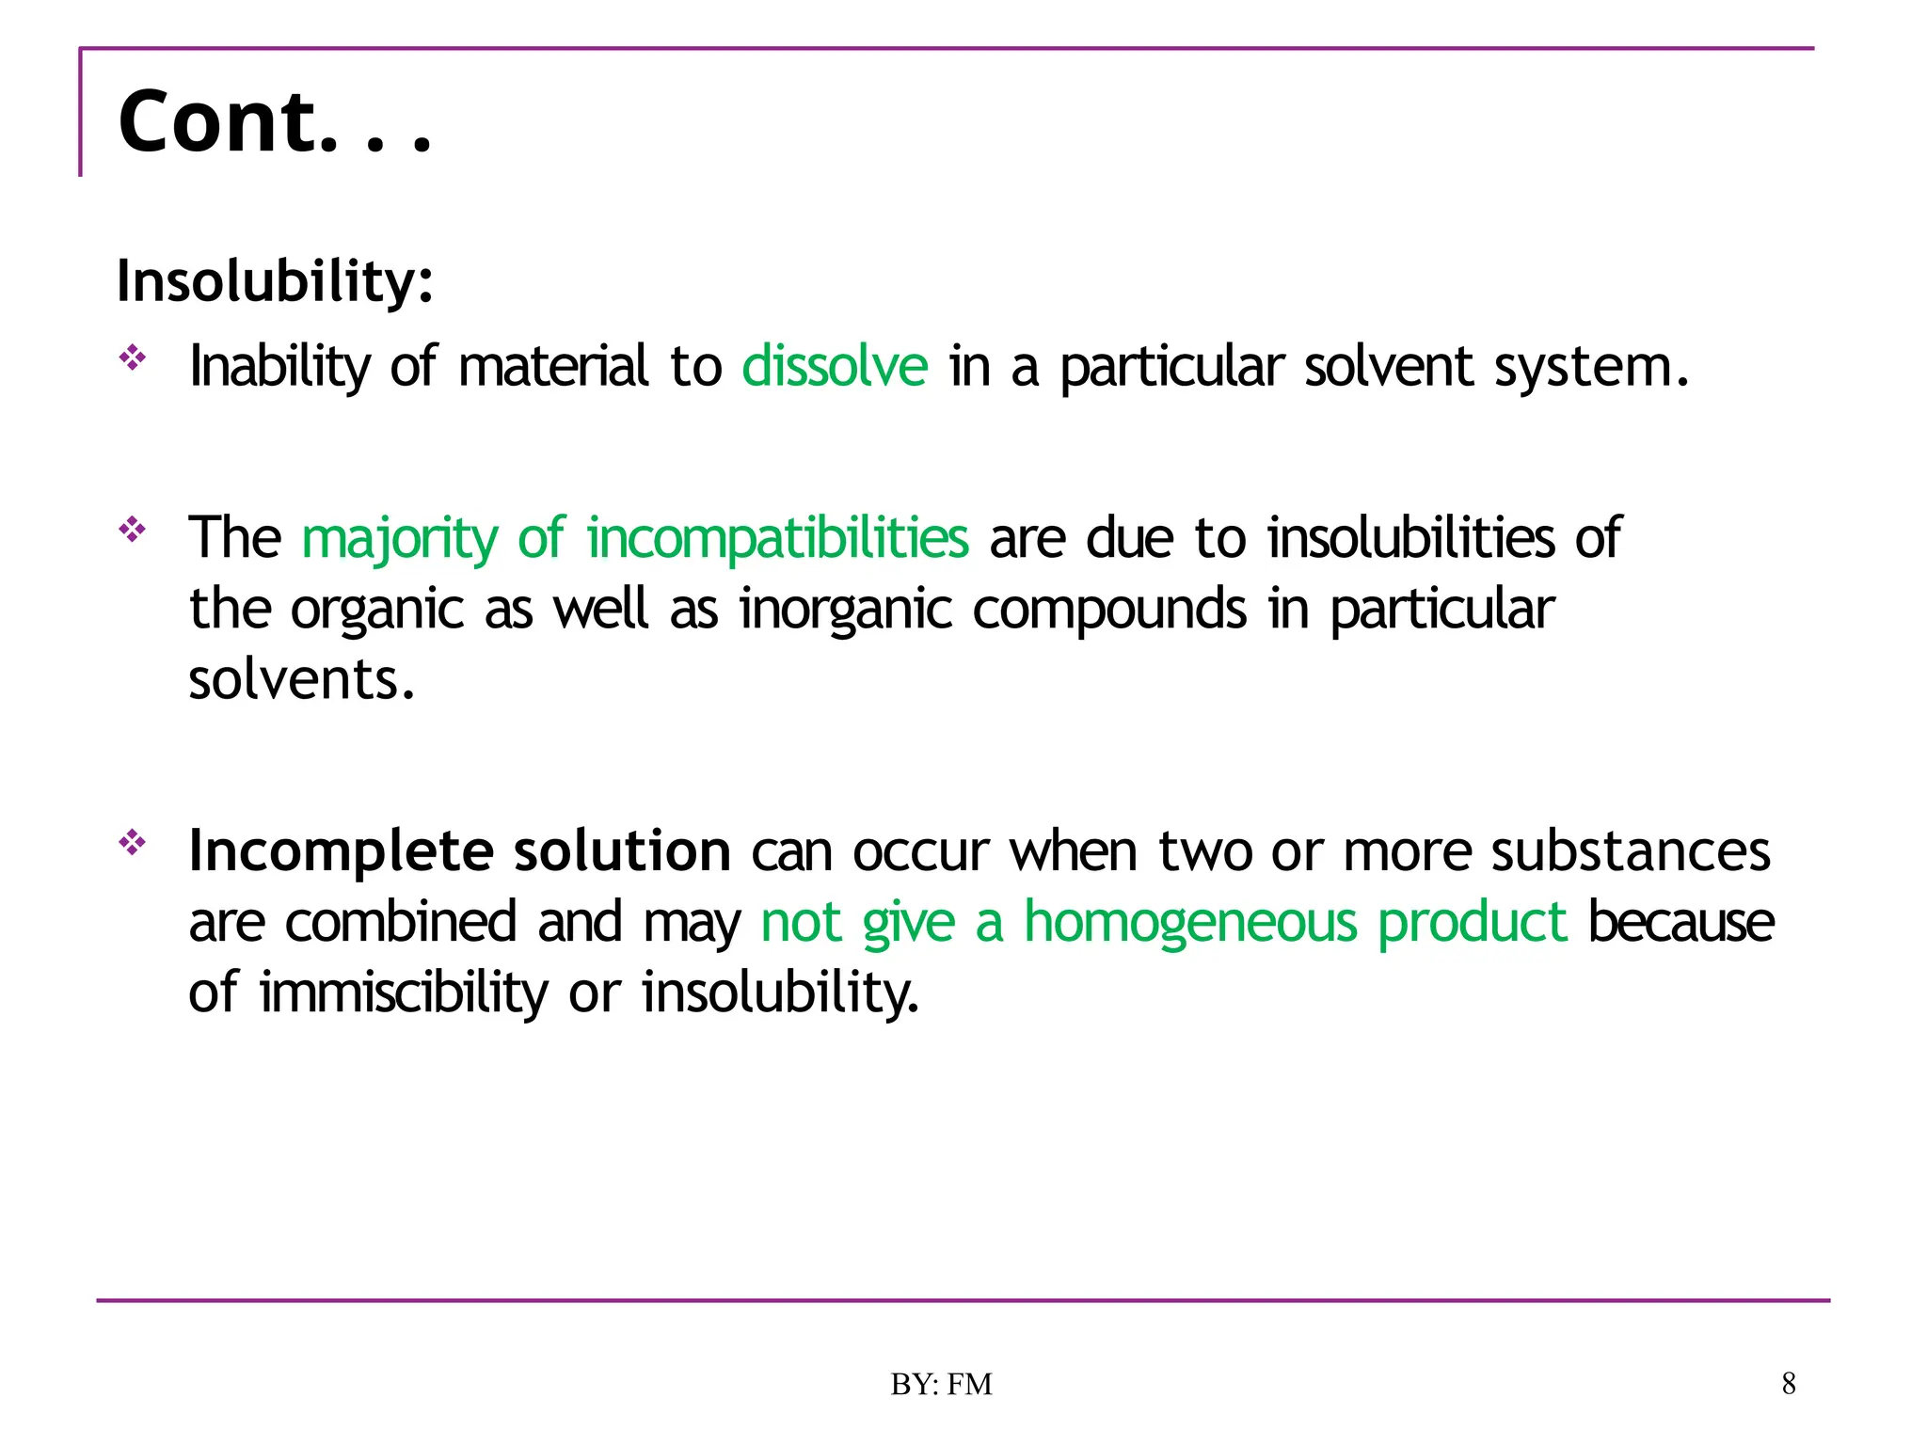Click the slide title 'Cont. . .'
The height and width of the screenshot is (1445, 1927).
click(274, 121)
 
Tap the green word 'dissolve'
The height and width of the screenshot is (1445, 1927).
click(835, 366)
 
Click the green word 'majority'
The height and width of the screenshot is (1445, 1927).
click(399, 539)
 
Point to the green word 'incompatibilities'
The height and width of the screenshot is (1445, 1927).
click(777, 538)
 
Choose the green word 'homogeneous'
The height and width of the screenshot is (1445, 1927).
click(1190, 922)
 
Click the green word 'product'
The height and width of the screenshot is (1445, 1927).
click(1473, 922)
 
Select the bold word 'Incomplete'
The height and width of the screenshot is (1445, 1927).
click(341, 851)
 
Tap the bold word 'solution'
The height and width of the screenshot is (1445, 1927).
click(622, 851)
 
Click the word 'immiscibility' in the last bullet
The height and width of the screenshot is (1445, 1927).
click(403, 992)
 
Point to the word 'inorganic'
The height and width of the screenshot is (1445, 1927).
click(846, 610)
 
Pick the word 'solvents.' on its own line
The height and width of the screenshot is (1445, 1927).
click(302, 679)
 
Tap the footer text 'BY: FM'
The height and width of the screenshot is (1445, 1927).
click(941, 1385)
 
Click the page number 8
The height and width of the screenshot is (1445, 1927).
click(1789, 1384)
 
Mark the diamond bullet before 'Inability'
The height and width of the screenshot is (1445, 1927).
click(133, 357)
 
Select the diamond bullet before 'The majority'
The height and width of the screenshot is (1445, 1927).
click(133, 530)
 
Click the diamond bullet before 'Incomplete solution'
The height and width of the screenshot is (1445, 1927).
click(133, 843)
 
